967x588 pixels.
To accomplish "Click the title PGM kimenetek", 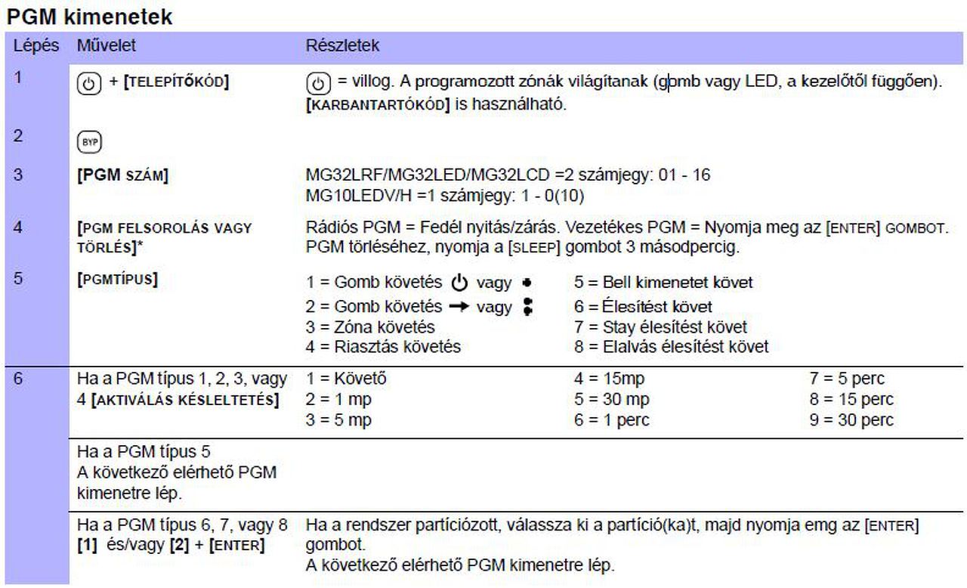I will tap(87, 16).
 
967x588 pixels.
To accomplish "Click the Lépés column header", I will tap(36, 45).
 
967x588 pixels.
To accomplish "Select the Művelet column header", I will tap(107, 45).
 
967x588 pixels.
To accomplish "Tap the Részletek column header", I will tap(342, 45).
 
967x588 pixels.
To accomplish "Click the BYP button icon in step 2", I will tap(89, 141).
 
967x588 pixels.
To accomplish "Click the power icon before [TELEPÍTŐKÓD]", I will tap(89, 83).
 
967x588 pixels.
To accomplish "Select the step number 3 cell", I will tap(18, 175).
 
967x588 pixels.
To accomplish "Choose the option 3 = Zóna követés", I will tap(370, 326).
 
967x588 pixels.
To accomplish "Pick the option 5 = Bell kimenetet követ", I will tap(663, 283).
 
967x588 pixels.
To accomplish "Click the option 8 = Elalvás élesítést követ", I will tap(671, 347).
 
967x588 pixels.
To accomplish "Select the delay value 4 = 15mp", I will tap(609, 378).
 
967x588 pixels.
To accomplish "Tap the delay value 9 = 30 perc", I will tap(851, 420).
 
